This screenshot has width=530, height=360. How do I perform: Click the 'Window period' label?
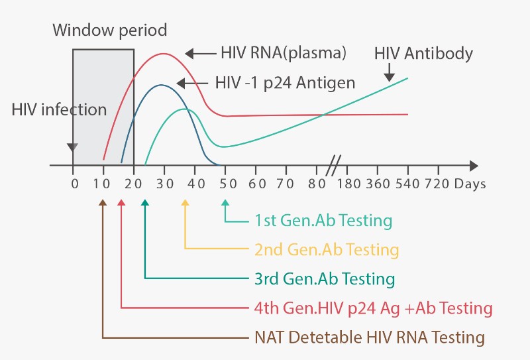[x=110, y=30]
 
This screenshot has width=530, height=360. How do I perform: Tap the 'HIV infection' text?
[x=59, y=109]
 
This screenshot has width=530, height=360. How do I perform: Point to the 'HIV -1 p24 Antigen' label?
[x=286, y=84]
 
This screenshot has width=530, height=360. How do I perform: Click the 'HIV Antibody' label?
[x=424, y=53]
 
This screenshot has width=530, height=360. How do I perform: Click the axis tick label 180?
[x=351, y=183]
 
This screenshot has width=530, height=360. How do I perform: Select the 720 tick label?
[x=437, y=183]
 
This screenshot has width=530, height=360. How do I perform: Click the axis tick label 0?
[x=74, y=183]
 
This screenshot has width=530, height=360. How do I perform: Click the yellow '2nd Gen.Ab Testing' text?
[x=327, y=250]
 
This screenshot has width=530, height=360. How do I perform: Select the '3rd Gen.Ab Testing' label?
[x=325, y=278]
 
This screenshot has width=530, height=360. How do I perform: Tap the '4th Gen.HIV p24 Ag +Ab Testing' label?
[x=374, y=308]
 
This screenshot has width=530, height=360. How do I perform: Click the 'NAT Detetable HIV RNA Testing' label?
[x=370, y=337]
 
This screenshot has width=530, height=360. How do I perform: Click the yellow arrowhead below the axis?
[x=185, y=202]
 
